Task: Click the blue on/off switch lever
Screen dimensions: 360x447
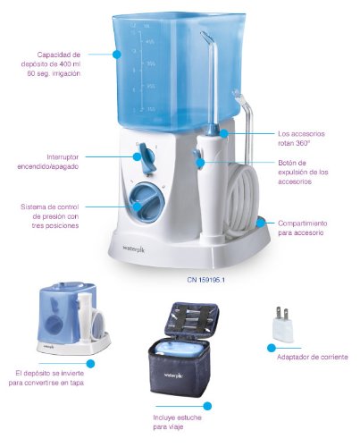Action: [x=146, y=158]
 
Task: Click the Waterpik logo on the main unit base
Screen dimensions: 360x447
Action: [x=134, y=249]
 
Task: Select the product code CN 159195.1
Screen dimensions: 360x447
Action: [x=206, y=280]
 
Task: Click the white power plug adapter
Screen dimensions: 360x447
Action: [x=282, y=325]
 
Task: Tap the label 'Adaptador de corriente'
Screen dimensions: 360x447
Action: [x=313, y=357]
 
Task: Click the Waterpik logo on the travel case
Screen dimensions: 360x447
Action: [x=173, y=375]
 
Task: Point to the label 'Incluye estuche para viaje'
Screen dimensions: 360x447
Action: [x=177, y=422]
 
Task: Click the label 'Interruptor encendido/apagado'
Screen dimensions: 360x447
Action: [x=48, y=162]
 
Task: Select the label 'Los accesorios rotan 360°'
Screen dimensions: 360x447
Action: [x=301, y=138]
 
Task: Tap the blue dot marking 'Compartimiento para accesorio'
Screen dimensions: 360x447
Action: [x=261, y=223]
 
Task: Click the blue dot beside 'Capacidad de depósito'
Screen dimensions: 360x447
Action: [x=117, y=55]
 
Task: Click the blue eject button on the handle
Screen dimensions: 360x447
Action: [x=197, y=156]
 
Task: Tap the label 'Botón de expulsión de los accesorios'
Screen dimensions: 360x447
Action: [x=303, y=172]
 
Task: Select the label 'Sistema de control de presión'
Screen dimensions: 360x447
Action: [x=50, y=216]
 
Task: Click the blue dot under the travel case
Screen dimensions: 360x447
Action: [x=207, y=406]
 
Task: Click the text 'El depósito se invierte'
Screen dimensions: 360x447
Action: [x=49, y=373]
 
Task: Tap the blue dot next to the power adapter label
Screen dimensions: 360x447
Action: [x=271, y=348]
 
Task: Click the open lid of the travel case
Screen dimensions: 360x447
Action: [x=192, y=322]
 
